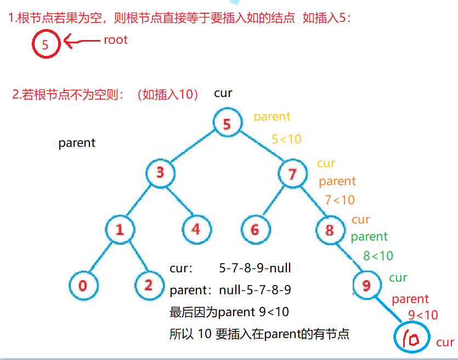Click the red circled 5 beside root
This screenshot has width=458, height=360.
pyautogui.click(x=46, y=45)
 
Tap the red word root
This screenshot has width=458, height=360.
pyautogui.click(x=115, y=40)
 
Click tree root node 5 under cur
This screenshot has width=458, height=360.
pyautogui.click(x=227, y=124)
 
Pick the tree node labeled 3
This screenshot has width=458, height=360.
pyautogui.click(x=160, y=173)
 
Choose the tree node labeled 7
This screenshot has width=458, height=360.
pyautogui.click(x=292, y=174)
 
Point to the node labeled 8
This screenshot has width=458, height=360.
pyautogui.click(x=330, y=230)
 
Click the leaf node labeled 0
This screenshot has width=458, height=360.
pyautogui.click(x=83, y=285)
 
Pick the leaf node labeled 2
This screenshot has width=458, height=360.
pyautogui.click(x=149, y=285)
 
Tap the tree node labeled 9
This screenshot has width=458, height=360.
pyautogui.click(x=366, y=285)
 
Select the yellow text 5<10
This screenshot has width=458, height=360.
pyautogui.click(x=286, y=140)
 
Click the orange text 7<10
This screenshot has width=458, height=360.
pyautogui.click(x=340, y=200)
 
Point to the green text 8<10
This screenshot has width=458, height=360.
pyautogui.click(x=378, y=256)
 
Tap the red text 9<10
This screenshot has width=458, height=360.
pyautogui.click(x=423, y=315)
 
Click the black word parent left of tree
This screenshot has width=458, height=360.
pyautogui.click(x=77, y=143)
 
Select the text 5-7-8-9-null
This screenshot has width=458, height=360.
pyautogui.click(x=255, y=268)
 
